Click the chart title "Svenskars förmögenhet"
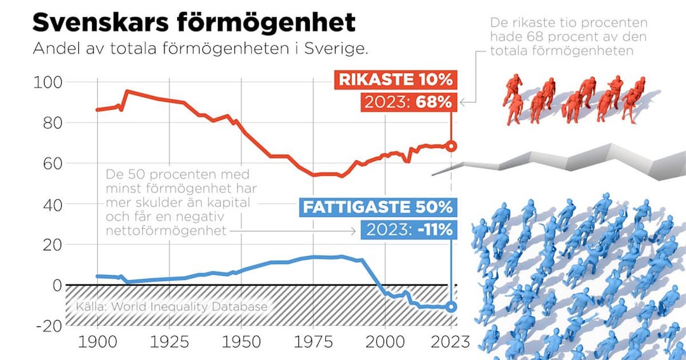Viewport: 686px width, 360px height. click(x=194, y=22)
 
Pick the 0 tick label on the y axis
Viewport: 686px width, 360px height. click(x=57, y=285)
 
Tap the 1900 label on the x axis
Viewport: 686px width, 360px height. click(x=97, y=343)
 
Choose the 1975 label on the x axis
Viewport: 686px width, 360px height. click(x=314, y=343)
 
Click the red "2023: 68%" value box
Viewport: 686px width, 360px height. click(x=407, y=102)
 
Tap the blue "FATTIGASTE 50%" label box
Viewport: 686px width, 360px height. click(x=377, y=207)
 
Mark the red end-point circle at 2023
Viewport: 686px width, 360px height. click(x=451, y=146)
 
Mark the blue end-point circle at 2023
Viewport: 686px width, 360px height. click(x=451, y=307)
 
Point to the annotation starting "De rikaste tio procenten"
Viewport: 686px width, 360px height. click(x=562, y=37)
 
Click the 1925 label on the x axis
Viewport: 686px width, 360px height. click(x=170, y=343)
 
